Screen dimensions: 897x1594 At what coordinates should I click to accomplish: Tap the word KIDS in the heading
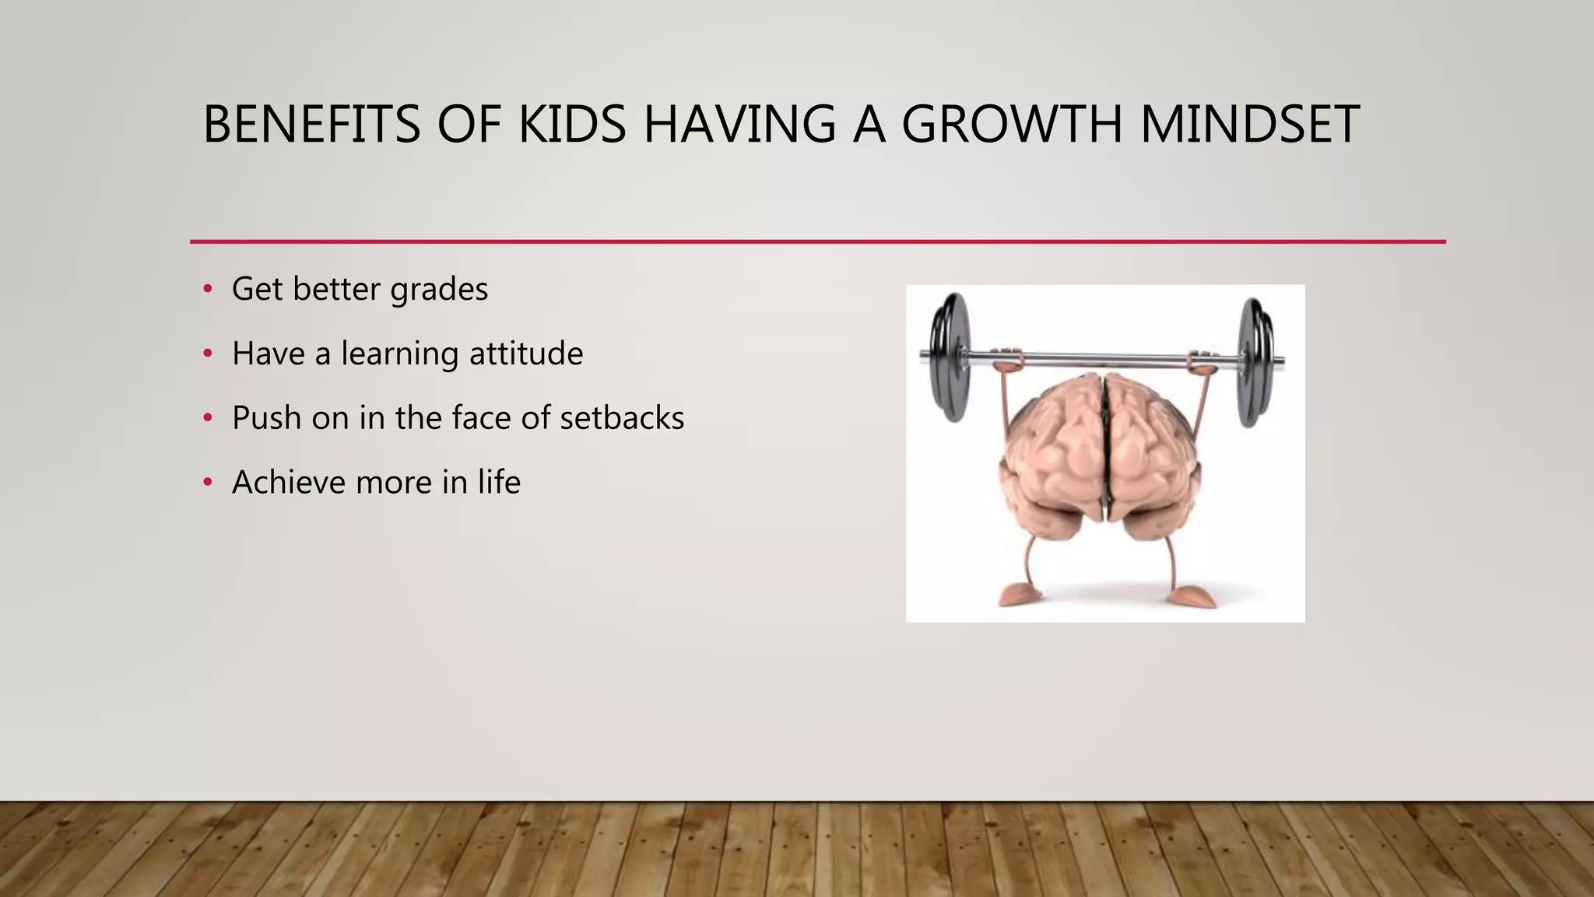(x=572, y=125)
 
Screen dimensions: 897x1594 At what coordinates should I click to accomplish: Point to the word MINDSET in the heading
(x=1250, y=125)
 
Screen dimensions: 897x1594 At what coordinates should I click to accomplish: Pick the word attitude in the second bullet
(x=526, y=354)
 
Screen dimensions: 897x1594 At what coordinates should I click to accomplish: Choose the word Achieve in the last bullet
(x=288, y=483)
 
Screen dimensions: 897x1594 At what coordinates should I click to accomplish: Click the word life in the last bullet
(x=499, y=483)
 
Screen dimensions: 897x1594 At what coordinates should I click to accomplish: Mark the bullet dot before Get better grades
(x=207, y=290)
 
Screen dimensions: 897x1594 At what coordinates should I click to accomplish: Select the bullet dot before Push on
(x=207, y=418)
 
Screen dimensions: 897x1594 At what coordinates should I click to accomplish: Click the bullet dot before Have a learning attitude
(x=207, y=354)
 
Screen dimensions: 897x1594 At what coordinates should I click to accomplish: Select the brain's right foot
(x=1193, y=597)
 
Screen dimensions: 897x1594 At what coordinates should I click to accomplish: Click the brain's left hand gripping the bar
(x=1009, y=359)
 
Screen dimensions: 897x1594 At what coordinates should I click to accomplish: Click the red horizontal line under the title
(x=817, y=241)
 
